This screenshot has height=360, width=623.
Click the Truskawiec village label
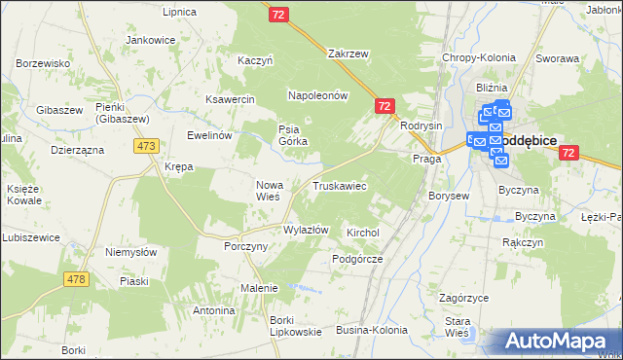click(339, 185)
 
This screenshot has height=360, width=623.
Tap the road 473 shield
click(146, 145)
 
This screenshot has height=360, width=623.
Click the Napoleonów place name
click(317, 95)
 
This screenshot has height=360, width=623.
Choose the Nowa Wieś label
click(268, 190)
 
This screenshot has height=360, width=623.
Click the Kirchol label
click(362, 234)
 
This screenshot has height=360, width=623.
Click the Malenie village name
click(259, 288)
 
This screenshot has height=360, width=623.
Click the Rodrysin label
click(421, 126)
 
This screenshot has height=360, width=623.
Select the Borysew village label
click(449, 196)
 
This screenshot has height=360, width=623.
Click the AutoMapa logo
click(558, 341)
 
